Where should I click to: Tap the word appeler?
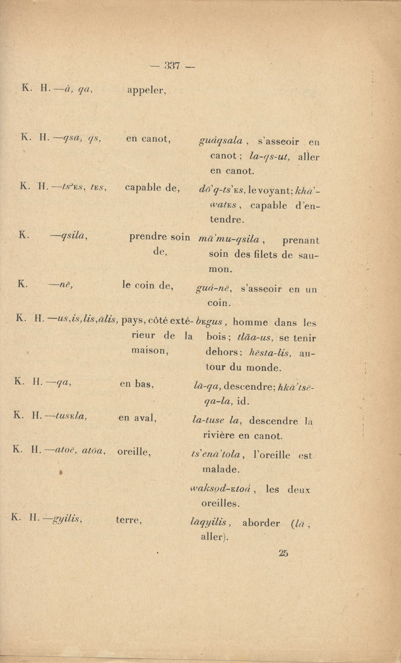(x=147, y=91)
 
